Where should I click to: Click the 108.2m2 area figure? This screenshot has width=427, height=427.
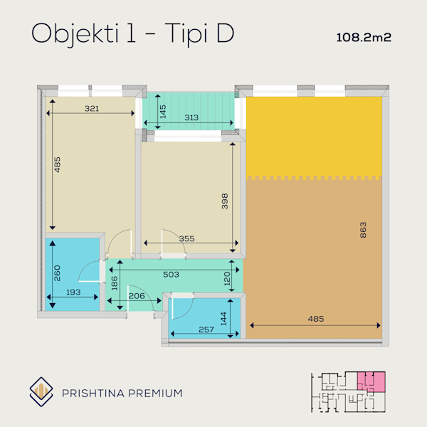click(x=364, y=38)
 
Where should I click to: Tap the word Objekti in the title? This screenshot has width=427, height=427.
click(x=75, y=34)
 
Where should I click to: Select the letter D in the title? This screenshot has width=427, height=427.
click(x=225, y=33)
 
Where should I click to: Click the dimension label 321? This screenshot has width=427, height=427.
click(x=92, y=109)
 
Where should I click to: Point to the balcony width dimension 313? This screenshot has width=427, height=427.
click(x=191, y=117)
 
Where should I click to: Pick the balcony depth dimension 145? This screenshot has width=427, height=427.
click(x=163, y=112)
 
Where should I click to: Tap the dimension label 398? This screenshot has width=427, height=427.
click(x=225, y=201)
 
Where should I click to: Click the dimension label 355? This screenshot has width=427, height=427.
click(x=186, y=239)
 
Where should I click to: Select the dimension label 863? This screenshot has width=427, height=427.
click(x=363, y=230)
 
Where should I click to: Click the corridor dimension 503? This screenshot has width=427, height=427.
click(x=171, y=275)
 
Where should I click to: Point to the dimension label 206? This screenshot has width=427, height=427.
click(x=137, y=296)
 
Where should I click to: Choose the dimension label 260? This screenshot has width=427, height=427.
click(x=57, y=273)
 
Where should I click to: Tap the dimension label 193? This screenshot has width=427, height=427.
click(x=73, y=292)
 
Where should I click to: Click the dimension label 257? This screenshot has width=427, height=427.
click(x=206, y=330)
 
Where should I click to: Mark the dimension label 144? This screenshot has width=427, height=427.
click(x=223, y=319)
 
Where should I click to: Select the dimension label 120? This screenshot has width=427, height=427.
click(x=227, y=278)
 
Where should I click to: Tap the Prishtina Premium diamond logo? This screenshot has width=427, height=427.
click(x=41, y=392)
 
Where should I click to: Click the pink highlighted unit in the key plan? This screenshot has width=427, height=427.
click(x=371, y=381)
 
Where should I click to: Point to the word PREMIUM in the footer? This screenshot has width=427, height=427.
click(x=155, y=394)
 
